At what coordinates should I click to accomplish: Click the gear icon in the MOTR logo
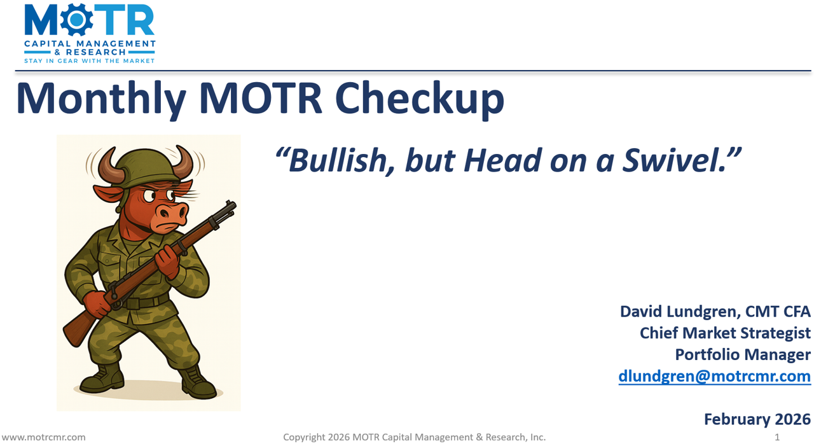[76, 21]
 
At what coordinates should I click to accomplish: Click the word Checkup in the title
[419, 99]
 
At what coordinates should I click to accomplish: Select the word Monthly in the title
[101, 99]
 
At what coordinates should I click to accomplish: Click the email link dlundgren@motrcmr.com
[714, 376]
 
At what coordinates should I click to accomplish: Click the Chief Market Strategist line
[725, 333]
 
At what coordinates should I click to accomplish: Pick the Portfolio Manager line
[743, 354]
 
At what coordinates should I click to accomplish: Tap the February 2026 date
[757, 419]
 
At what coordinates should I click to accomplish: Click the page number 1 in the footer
[777, 437]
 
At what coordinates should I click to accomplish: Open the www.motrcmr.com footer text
[43, 437]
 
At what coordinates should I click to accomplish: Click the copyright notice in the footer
[414, 437]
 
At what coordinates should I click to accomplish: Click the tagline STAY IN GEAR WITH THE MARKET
[89, 60]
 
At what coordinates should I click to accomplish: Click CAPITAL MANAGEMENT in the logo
[89, 44]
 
